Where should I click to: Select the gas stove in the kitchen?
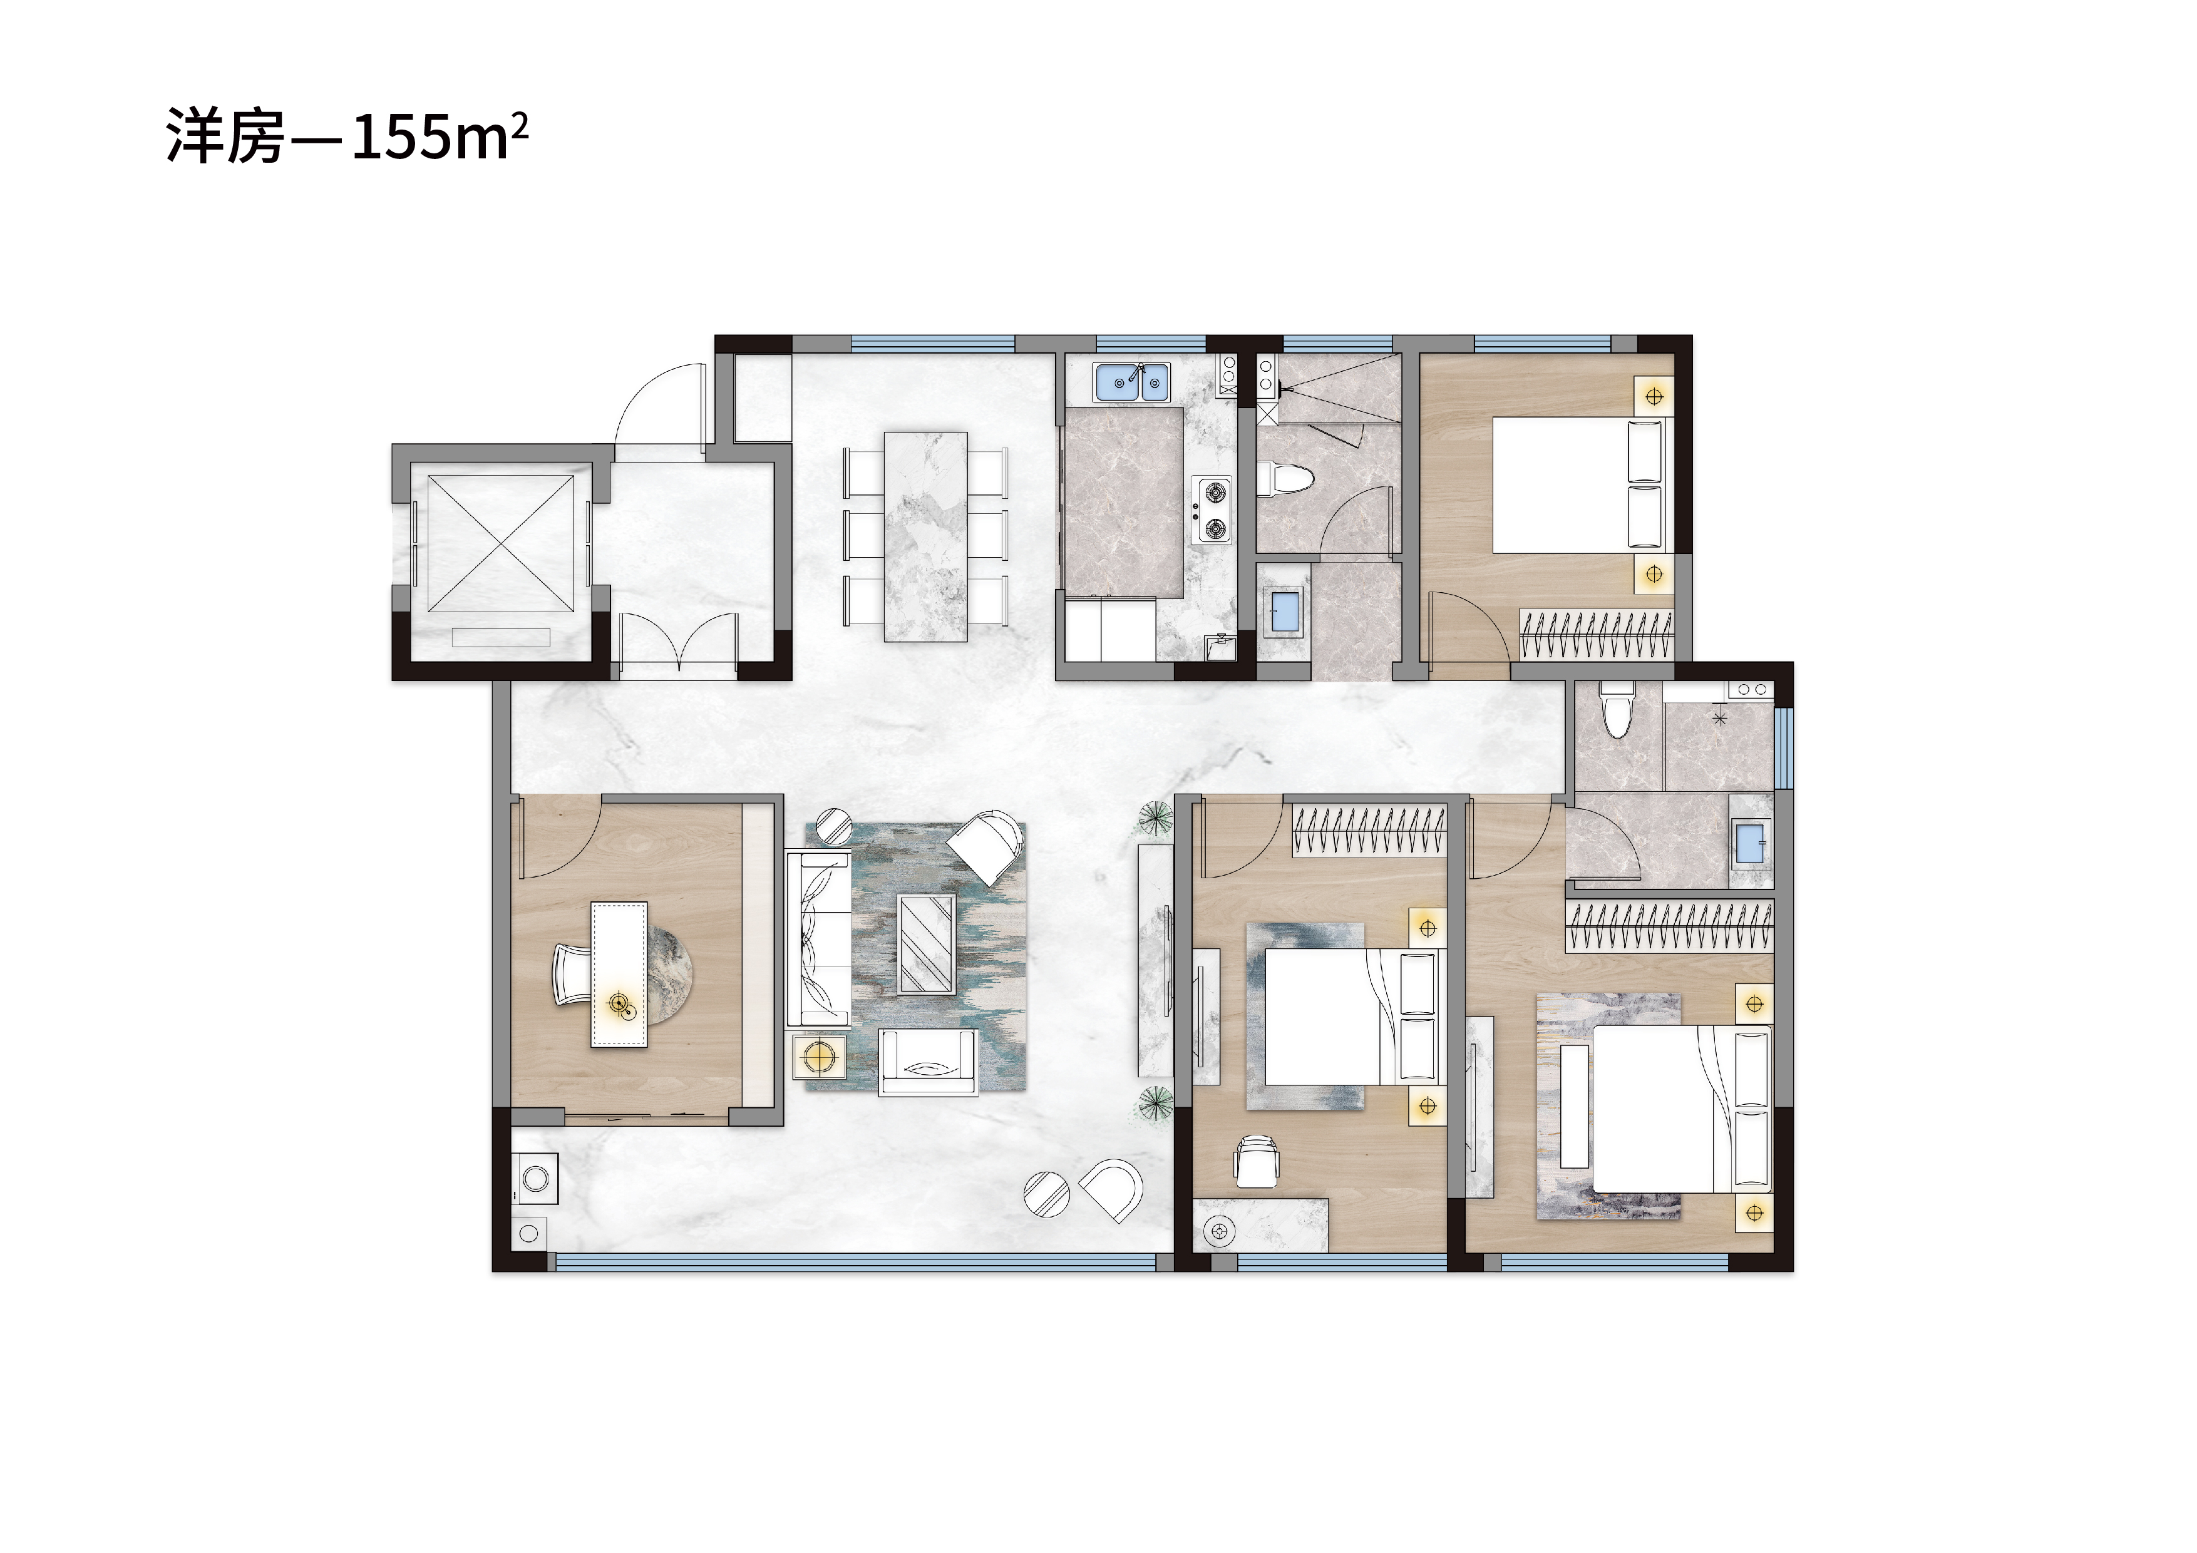(1212, 510)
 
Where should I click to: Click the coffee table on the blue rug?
(925, 943)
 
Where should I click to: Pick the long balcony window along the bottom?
(857, 1263)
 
